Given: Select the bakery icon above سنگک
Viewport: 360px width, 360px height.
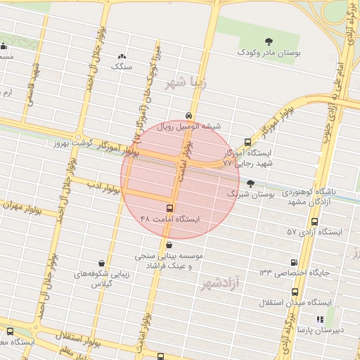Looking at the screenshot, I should pos(122,56).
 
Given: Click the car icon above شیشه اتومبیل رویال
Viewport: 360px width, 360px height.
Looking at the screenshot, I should pos(188,115).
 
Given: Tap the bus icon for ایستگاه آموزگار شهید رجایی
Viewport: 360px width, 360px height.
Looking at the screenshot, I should pos(247,141).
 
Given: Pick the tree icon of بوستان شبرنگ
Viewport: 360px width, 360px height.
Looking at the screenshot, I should pos(250,183).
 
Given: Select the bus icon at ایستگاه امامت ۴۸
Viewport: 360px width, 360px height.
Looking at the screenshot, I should pos(169,208).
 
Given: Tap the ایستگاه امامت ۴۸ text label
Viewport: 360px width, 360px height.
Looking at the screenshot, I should pos(169,219).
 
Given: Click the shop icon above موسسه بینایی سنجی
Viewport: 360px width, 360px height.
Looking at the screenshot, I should pos(169,245).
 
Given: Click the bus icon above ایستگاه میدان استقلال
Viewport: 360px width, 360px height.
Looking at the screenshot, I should pos(294,290).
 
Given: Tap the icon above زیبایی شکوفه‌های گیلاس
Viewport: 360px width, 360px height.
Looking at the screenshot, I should pos(102,264).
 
